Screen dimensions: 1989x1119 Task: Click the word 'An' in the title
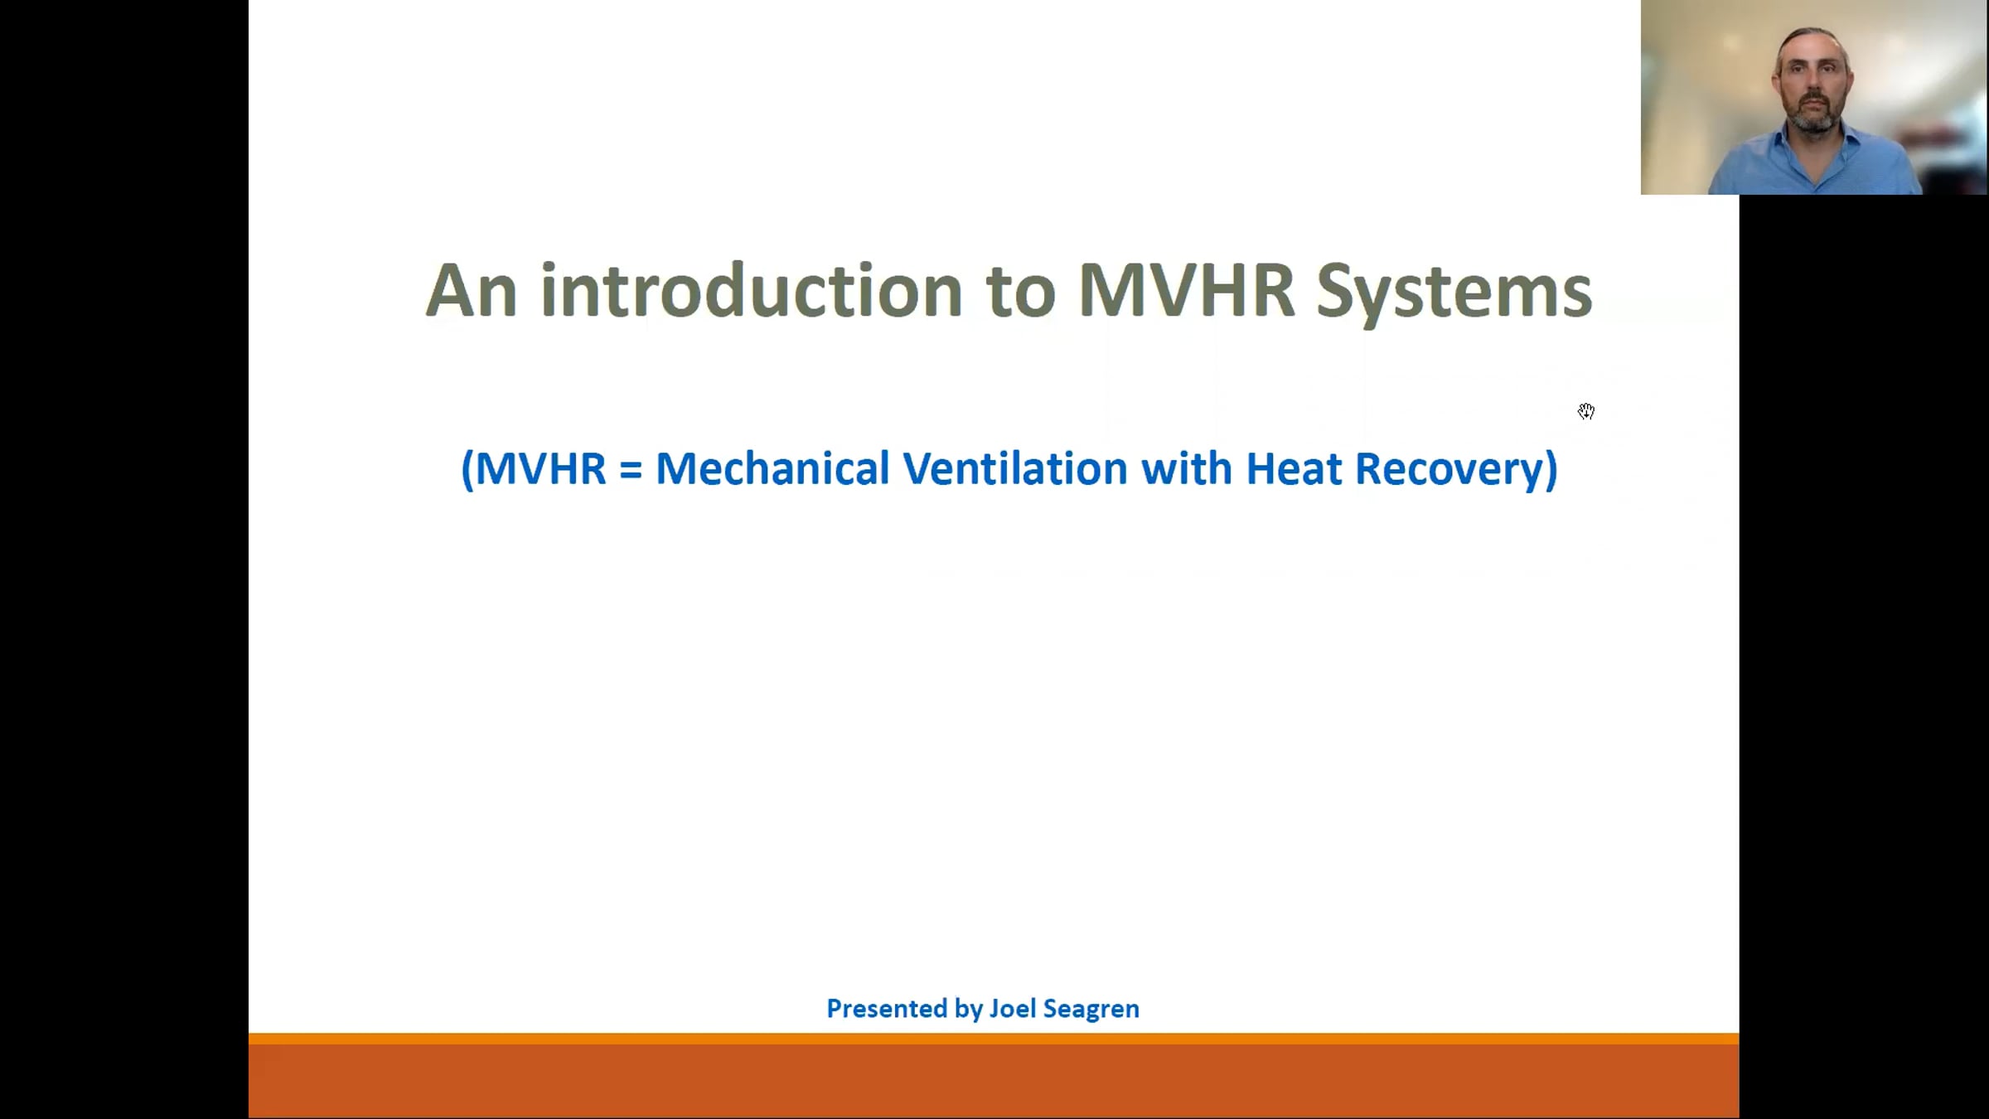472,290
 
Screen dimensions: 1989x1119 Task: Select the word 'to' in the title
1020,293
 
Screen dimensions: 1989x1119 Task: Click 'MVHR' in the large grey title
1186,290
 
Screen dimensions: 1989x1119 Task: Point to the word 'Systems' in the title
1454,294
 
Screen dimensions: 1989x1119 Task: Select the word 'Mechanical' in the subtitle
772,468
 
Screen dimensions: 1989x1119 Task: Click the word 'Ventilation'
1015,468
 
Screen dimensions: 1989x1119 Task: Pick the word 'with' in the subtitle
1187,468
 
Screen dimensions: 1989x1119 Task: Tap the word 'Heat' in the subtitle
1294,469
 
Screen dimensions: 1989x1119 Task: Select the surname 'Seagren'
1091,1010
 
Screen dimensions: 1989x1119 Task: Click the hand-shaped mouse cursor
1586,411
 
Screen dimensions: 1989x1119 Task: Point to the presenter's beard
1815,116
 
